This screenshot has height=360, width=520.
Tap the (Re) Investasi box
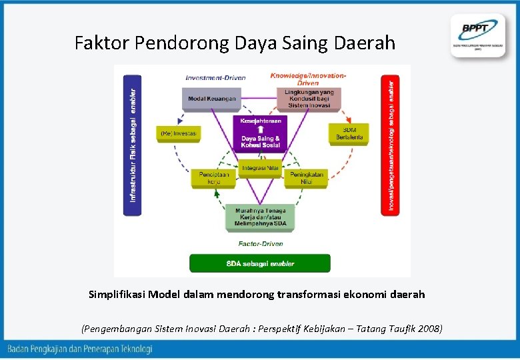tap(178, 133)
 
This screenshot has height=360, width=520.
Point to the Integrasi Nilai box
tap(260, 168)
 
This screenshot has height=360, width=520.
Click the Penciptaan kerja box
tap(213, 178)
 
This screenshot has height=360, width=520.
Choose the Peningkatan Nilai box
tap(307, 178)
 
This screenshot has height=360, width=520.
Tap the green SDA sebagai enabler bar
tap(260, 263)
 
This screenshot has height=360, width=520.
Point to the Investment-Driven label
tap(215, 77)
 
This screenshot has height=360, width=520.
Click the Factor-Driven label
tap(261, 244)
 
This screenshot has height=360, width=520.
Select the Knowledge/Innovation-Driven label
tap(308, 79)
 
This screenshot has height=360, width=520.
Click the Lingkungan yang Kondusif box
tap(309, 99)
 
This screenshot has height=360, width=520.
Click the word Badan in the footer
tap(20, 349)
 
